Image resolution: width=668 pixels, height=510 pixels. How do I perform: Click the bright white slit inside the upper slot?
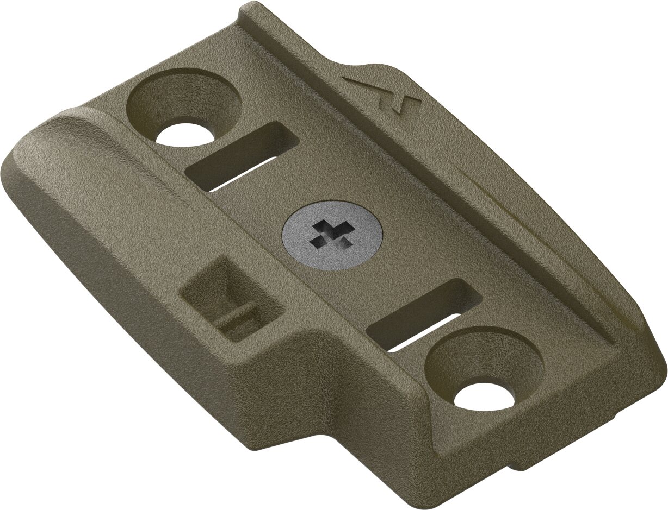[x=239, y=175]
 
